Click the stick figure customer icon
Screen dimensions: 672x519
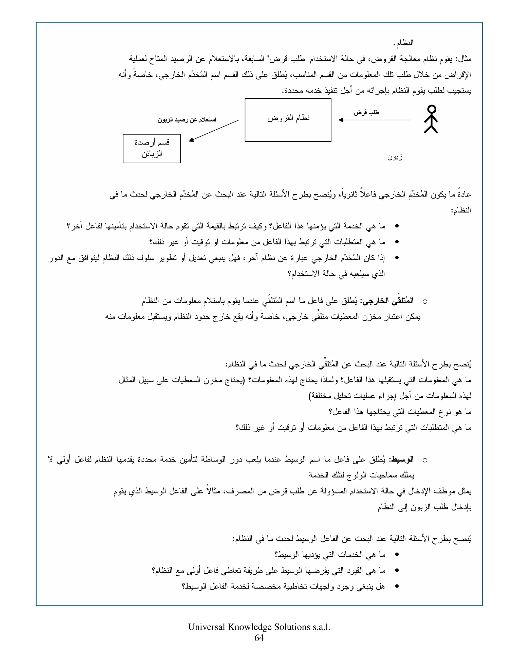click(x=431, y=119)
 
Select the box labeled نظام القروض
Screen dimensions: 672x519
click(x=288, y=120)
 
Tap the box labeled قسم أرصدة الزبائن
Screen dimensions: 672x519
click(x=152, y=149)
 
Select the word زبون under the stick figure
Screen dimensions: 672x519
click(x=395, y=157)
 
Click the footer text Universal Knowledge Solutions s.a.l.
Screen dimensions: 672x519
click(x=259, y=627)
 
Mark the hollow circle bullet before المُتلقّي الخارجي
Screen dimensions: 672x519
click(x=425, y=302)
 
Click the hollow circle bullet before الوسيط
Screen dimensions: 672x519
click(x=425, y=460)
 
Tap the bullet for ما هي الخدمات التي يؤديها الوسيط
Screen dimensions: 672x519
click(x=397, y=554)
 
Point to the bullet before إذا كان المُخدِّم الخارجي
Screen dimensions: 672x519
click(x=397, y=258)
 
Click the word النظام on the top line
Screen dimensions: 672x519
click(x=404, y=43)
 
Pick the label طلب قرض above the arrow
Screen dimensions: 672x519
click(x=366, y=113)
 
